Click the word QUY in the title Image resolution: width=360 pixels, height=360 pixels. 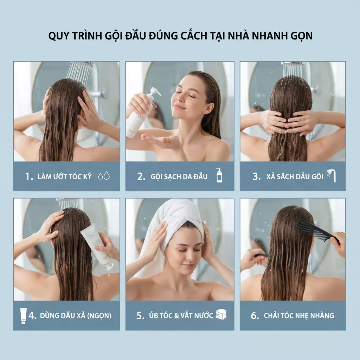coord(58,37)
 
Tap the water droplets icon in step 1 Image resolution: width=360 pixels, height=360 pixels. coord(104,176)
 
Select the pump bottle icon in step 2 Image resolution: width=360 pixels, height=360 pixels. coord(219,175)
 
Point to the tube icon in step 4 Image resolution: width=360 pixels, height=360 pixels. coord(23,315)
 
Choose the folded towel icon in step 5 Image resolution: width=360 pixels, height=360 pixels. coord(221,315)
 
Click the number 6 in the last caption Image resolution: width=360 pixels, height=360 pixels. coord(254,316)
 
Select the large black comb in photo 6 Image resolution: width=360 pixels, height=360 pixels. coord(316,231)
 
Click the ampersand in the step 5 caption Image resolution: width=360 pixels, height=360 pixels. coord(176,315)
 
